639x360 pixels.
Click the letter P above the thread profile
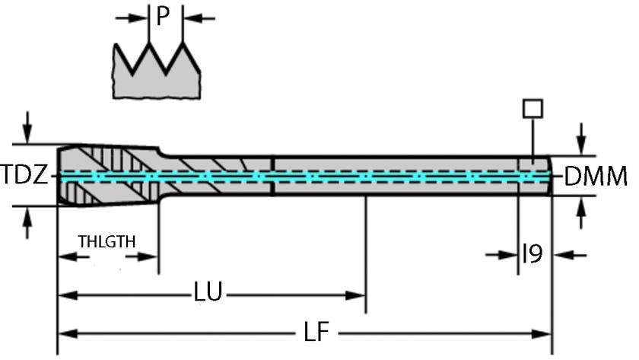tap(161, 16)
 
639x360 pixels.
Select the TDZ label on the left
tap(25, 177)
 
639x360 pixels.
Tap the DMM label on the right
tap(596, 177)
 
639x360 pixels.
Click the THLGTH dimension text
tap(107, 241)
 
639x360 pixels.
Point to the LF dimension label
tap(313, 333)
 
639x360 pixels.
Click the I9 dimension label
tap(532, 254)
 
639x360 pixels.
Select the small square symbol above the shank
tap(532, 108)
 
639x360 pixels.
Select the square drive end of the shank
tap(534, 175)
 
